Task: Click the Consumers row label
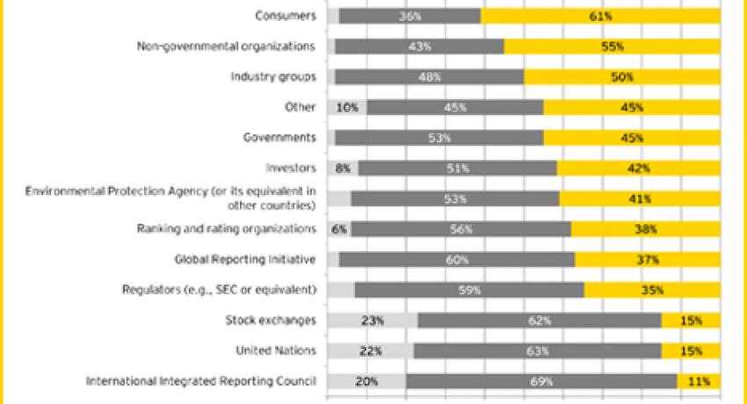click(286, 15)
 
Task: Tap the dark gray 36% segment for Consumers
click(410, 15)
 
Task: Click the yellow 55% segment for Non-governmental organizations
click(613, 46)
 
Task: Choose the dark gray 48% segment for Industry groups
click(429, 76)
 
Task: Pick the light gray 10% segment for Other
click(346, 107)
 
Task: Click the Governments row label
click(279, 138)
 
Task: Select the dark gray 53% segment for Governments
click(439, 138)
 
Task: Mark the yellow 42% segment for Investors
click(639, 168)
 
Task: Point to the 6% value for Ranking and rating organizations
click(339, 229)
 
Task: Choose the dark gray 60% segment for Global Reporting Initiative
click(456, 260)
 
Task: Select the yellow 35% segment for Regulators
click(652, 290)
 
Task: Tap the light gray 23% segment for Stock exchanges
click(372, 321)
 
